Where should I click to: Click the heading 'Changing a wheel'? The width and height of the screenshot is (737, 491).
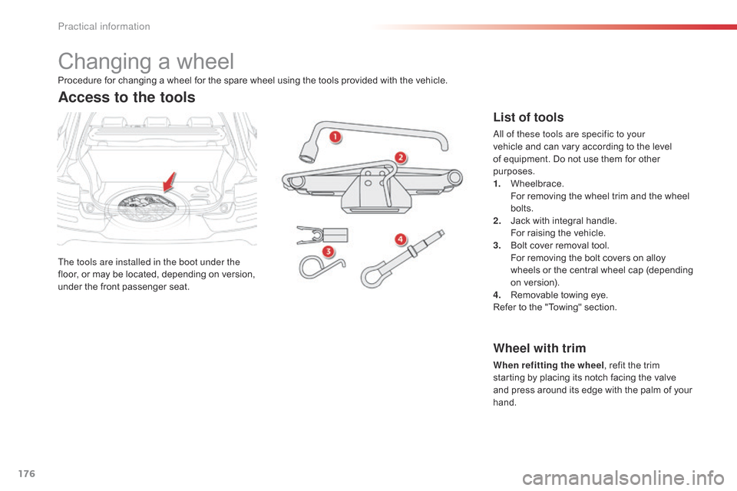point(146,61)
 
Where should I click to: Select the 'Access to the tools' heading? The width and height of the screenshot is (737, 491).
point(127,97)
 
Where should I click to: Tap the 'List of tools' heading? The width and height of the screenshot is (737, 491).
point(527,117)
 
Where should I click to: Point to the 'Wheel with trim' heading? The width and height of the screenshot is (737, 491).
point(539,348)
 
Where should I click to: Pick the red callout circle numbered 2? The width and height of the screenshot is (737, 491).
point(401,158)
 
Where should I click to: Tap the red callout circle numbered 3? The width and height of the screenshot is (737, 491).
point(328,251)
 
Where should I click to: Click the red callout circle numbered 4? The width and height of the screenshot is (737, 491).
point(401,239)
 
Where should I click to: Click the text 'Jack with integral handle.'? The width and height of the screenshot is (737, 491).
point(563,220)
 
